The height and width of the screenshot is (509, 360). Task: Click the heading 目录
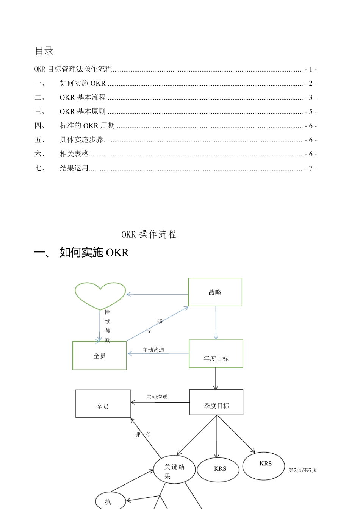tap(44, 51)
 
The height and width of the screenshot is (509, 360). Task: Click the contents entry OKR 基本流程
tap(83, 98)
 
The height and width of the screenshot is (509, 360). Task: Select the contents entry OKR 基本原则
tap(83, 112)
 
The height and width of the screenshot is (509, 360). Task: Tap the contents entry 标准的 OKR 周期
tap(87, 126)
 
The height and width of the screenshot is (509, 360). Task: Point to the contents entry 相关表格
tap(74, 154)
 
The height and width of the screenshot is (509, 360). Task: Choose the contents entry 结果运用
tap(74, 168)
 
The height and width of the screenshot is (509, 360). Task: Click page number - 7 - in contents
tap(311, 169)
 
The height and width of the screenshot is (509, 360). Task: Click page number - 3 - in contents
tap(311, 98)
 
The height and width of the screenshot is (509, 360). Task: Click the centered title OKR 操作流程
tap(149, 234)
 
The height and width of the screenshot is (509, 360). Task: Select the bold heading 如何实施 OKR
tap(94, 253)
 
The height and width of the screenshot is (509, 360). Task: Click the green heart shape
tap(100, 295)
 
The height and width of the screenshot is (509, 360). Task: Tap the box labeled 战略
tap(215, 292)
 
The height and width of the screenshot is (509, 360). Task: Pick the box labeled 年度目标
tap(216, 354)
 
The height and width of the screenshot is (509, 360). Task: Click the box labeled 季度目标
tap(216, 402)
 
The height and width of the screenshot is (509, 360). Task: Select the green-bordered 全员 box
tap(99, 356)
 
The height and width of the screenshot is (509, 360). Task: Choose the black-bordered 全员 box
tap(103, 404)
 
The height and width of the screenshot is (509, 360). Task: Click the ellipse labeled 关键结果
tap(174, 470)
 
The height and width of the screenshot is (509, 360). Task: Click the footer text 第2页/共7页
tap(303, 470)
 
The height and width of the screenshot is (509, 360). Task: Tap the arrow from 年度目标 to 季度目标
tap(216, 378)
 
